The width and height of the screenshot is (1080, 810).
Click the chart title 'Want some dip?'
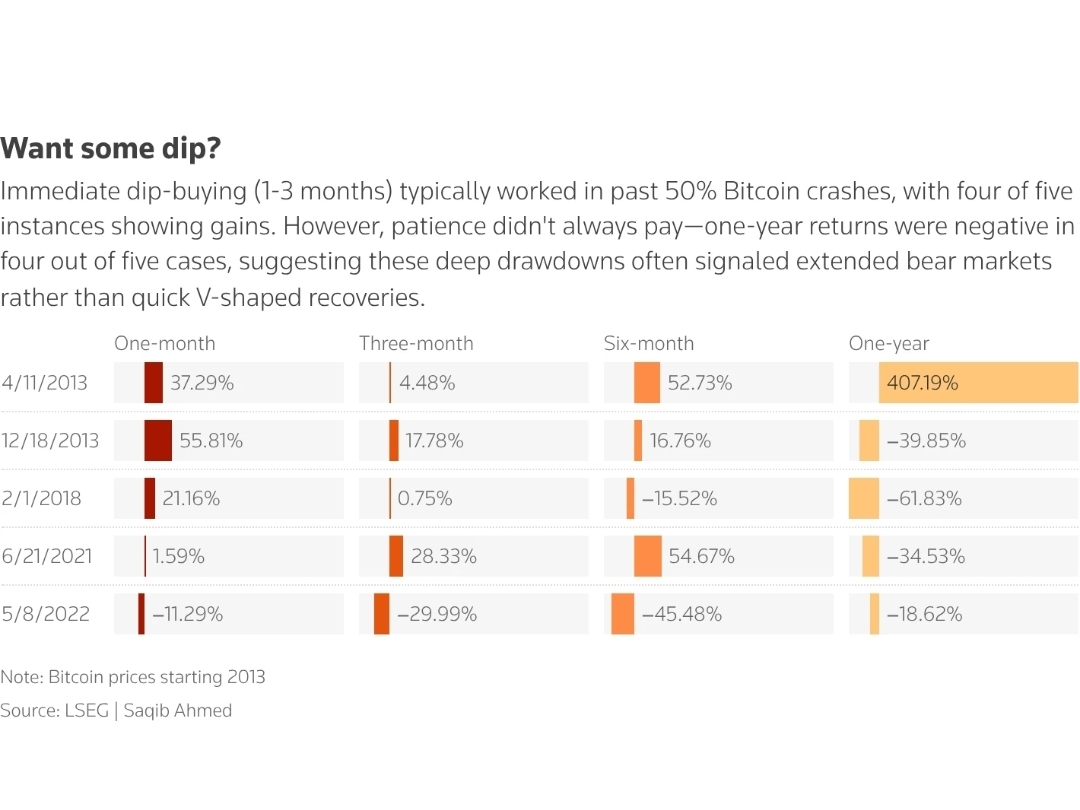[110, 149]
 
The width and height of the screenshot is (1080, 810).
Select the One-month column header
[164, 343]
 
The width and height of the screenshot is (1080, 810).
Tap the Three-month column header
[416, 343]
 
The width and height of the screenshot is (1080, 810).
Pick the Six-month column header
[648, 343]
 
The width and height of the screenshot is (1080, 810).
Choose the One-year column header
[888, 343]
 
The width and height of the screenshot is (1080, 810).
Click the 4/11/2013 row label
[45, 383]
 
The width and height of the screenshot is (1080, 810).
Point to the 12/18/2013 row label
[50, 440]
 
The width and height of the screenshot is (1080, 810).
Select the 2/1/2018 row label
[41, 498]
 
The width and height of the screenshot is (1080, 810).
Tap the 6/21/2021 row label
[46, 556]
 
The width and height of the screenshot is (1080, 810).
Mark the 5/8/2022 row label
[45, 614]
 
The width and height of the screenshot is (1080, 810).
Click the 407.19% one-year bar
[978, 383]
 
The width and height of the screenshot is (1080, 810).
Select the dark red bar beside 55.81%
[158, 440]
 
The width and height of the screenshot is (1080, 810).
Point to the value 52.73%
[700, 383]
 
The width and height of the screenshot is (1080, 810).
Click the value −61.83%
[924, 498]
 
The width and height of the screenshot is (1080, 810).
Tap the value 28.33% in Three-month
[443, 556]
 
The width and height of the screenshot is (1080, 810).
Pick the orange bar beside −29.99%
[381, 614]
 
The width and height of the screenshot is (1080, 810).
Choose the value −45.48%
[681, 614]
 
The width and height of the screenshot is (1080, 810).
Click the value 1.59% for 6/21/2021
[178, 556]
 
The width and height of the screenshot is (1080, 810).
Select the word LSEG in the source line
[87, 711]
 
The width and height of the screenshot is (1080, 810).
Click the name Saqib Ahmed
[178, 711]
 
